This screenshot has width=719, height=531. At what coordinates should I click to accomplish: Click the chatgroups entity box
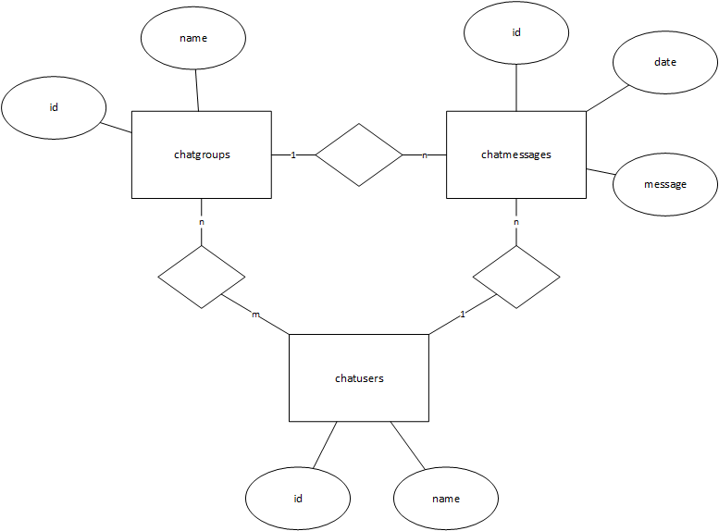click(202, 154)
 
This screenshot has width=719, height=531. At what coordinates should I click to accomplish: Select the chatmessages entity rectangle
click(515, 154)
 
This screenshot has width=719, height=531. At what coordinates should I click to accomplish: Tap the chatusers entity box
click(359, 377)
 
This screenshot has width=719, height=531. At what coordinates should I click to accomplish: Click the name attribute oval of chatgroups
click(192, 40)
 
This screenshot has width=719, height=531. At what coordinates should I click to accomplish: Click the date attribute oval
click(664, 63)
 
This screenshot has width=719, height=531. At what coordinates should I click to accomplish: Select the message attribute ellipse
click(664, 184)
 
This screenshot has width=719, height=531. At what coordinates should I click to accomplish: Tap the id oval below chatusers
click(298, 499)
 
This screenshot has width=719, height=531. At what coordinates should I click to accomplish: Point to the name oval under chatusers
click(445, 499)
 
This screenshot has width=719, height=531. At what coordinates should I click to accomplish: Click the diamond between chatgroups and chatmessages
click(359, 154)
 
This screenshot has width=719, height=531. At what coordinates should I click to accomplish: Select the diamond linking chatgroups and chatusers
click(202, 277)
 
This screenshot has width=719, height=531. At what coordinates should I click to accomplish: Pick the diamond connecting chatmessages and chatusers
click(515, 277)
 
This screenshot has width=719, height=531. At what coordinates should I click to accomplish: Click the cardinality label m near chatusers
click(256, 316)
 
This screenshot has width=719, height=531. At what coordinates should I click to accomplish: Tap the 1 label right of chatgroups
click(293, 154)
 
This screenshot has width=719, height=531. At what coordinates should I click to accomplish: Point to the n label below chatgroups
click(202, 223)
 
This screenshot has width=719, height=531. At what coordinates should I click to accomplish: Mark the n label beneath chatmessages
click(515, 223)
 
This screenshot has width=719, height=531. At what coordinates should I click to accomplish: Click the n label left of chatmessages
click(425, 155)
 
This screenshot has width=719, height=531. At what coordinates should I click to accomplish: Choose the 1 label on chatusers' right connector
click(462, 316)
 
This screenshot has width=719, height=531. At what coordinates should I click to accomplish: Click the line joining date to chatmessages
click(607, 98)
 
